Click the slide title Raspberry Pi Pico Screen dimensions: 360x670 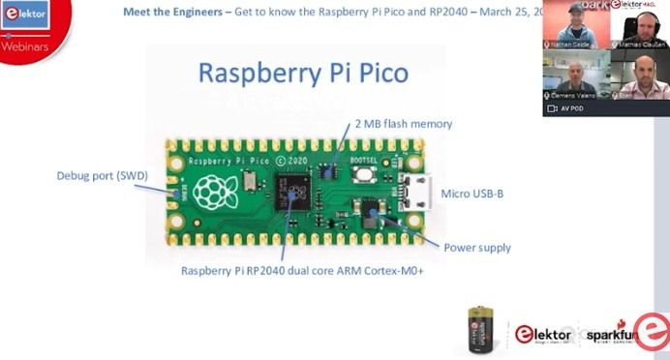tap(303, 74)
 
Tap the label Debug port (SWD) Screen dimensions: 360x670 tap(96, 176)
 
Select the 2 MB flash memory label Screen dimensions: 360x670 tap(404, 124)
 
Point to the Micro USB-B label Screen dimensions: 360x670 tap(472, 194)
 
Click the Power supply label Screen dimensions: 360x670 tap(476, 248)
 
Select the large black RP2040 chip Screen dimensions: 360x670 tap(293, 192)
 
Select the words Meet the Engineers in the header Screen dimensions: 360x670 tap(168, 13)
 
